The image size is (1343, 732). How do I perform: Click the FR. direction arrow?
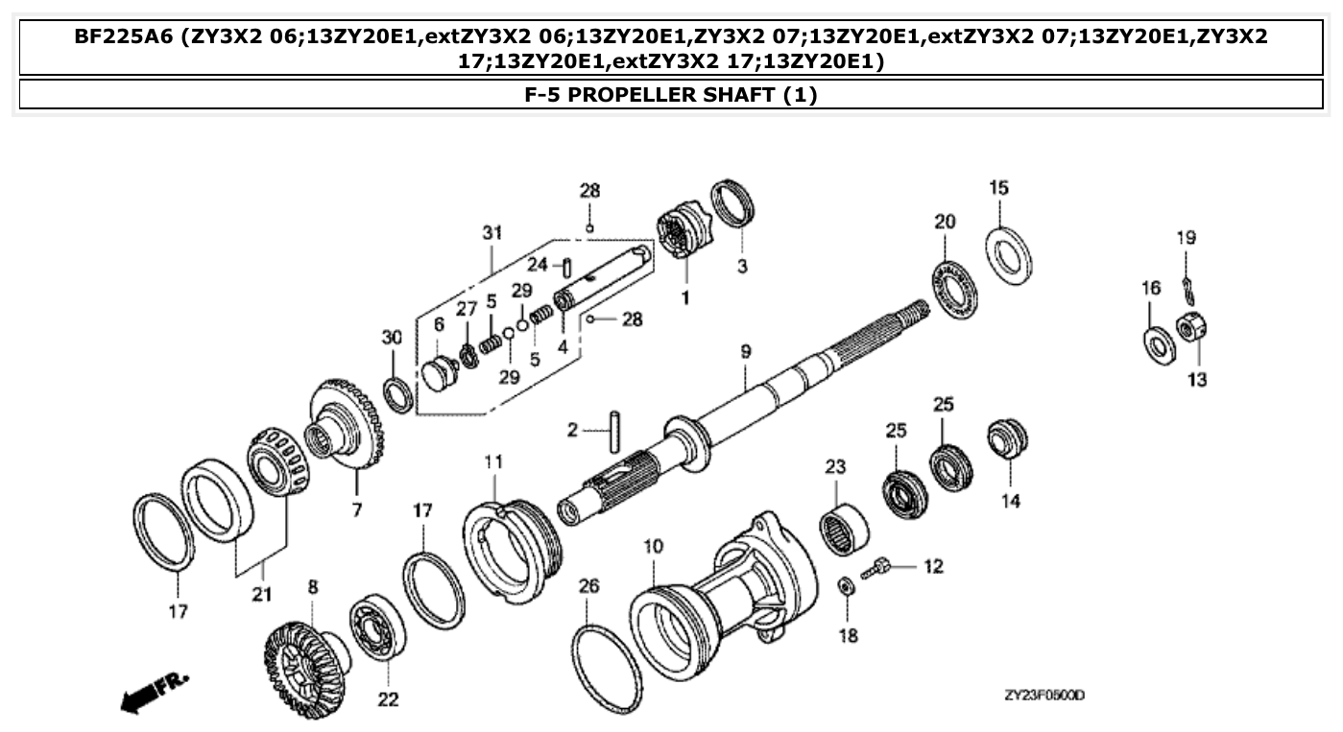pyautogui.click(x=154, y=691)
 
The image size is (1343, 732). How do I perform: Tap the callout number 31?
pyautogui.click(x=492, y=233)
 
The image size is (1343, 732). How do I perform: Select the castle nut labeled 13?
pyautogui.click(x=1191, y=330)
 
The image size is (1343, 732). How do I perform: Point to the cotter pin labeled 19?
pyautogui.click(x=1188, y=284)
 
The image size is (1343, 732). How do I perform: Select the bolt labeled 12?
pyautogui.click(x=878, y=569)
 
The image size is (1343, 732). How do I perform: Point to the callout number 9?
pyautogui.click(x=746, y=352)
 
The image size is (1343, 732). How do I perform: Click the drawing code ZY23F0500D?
pyautogui.click(x=1043, y=697)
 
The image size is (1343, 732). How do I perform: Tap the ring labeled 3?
pyautogui.click(x=736, y=206)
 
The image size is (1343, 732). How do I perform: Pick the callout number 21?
pyautogui.click(x=262, y=594)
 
